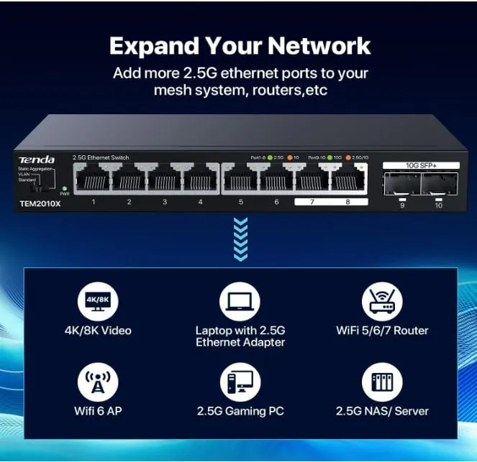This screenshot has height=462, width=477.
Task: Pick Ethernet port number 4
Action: [x=200, y=180]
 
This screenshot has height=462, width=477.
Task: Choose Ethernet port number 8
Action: [x=347, y=180]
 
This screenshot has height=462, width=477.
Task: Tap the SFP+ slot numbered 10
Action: [x=439, y=185]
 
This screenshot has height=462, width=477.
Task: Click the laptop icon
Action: [x=240, y=300]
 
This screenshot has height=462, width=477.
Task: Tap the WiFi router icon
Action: [x=382, y=300]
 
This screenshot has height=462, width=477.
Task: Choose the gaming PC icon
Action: [x=240, y=382]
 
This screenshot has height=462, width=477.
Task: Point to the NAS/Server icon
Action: [x=382, y=382]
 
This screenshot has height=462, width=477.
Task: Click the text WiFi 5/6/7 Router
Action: [x=382, y=331]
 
